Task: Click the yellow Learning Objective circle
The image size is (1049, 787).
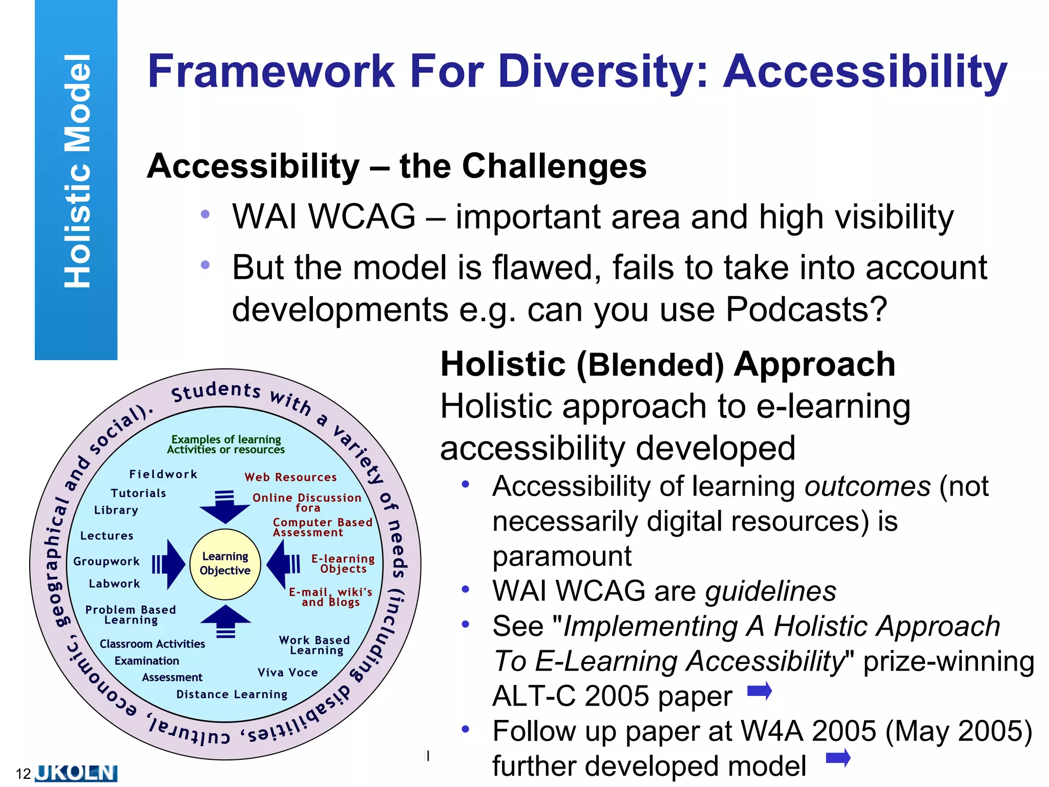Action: click(x=225, y=564)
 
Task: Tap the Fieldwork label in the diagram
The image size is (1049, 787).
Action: click(x=163, y=474)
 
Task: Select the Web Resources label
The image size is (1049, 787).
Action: click(x=290, y=478)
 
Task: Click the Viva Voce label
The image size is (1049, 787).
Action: click(x=287, y=673)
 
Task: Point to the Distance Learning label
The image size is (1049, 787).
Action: click(x=232, y=695)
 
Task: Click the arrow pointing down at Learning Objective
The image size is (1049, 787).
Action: click(x=224, y=506)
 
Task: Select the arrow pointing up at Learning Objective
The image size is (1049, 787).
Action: click(x=225, y=621)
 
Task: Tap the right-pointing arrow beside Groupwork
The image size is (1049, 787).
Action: click(x=169, y=564)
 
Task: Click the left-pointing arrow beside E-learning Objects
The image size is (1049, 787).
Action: click(x=283, y=564)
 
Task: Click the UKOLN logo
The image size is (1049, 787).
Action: click(x=76, y=773)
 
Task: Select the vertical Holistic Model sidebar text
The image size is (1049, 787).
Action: click(x=77, y=171)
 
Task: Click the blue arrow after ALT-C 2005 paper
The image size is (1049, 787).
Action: click(x=760, y=691)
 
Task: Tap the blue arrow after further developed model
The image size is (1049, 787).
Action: click(x=838, y=757)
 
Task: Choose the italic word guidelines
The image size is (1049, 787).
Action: click(x=770, y=591)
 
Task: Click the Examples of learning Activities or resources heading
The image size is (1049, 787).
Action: click(x=226, y=445)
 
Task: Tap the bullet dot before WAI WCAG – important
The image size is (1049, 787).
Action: click(x=205, y=214)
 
